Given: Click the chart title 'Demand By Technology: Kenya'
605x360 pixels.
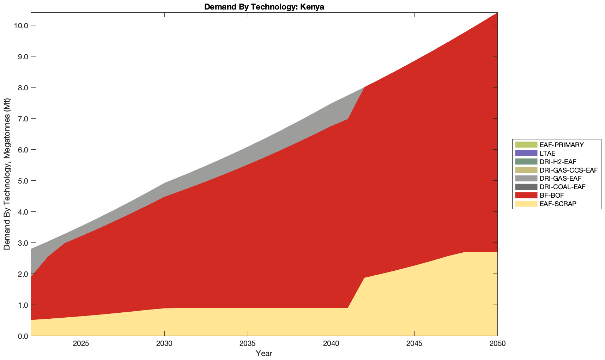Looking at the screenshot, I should point(264,7).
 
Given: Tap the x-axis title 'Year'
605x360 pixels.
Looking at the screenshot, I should point(264,353).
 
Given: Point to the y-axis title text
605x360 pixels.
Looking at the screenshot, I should point(7,174).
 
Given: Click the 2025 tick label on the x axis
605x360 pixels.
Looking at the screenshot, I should point(81,344).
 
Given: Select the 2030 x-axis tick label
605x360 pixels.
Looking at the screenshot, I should point(164,344).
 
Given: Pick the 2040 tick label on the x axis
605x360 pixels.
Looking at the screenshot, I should point(331,344).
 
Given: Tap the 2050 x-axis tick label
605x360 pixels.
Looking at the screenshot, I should point(497,344).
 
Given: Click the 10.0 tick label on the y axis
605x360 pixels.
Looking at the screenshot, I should point(20,25).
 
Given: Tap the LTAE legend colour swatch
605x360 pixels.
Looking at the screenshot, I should point(526,153).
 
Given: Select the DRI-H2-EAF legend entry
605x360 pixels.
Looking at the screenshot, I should point(558,162).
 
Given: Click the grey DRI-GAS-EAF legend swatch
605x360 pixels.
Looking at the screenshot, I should point(526,179).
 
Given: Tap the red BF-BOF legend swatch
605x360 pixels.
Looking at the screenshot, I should point(526,195).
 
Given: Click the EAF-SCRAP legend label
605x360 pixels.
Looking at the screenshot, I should point(558,204).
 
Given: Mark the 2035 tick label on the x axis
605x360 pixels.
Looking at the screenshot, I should point(248,344).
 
